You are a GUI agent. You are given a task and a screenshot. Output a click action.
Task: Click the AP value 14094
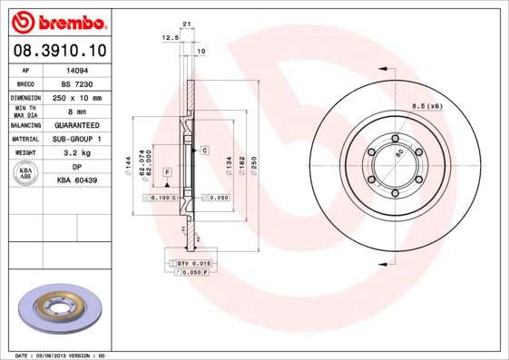[77, 68]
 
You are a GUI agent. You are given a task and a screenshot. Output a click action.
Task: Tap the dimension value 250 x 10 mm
[77, 96]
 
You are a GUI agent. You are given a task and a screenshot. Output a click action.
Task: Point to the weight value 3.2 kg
[77, 153]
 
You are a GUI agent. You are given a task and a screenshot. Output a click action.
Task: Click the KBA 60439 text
[77, 181]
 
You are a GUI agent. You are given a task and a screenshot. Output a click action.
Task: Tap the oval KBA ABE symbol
[26, 174]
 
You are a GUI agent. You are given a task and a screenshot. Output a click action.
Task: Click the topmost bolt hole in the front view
[396, 139]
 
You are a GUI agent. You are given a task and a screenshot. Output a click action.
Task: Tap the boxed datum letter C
[204, 149]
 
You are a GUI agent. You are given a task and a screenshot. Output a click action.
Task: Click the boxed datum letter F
[168, 171]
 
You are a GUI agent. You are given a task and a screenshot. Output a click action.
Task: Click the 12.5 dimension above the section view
[168, 38]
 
